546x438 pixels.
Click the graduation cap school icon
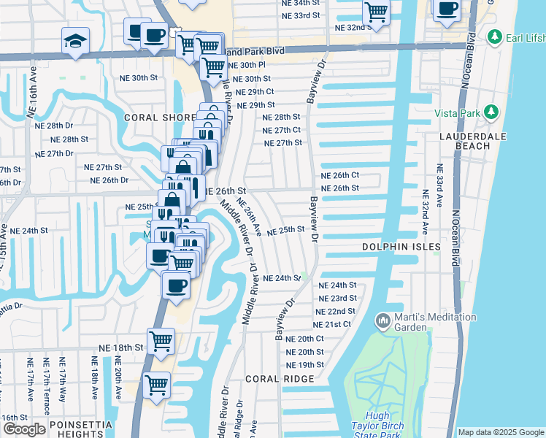(x=75, y=41)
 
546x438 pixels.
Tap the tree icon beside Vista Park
(x=492, y=112)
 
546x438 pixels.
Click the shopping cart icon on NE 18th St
(x=160, y=339)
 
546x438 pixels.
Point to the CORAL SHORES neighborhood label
(x=159, y=117)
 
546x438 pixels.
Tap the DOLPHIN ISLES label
(x=401, y=247)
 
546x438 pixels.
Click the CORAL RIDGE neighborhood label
(x=280, y=379)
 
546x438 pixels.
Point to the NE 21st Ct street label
(x=332, y=324)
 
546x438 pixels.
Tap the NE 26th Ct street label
(x=340, y=175)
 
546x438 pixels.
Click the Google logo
(x=24, y=429)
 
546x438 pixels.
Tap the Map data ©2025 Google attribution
(x=500, y=432)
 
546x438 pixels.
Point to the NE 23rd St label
(x=337, y=298)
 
